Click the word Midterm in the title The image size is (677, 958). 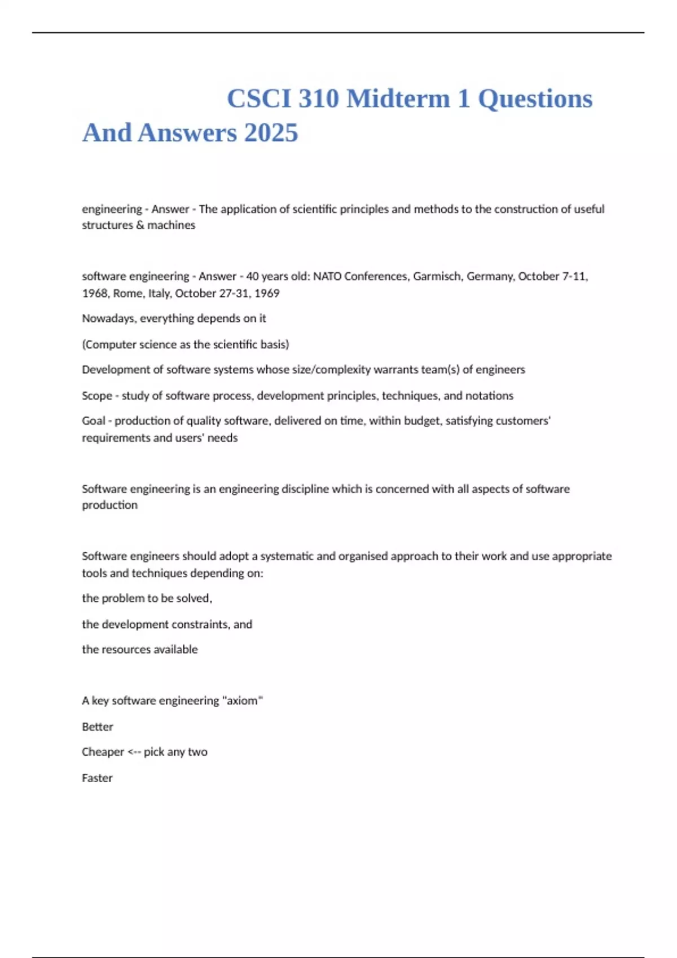click(x=398, y=99)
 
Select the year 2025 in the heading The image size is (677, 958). click(x=271, y=133)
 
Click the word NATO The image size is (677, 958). click(x=327, y=276)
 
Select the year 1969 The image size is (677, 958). click(x=267, y=293)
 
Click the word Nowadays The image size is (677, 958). click(x=108, y=318)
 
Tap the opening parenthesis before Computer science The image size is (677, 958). click(x=83, y=344)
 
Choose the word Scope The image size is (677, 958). click(x=96, y=396)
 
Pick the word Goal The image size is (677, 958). click(x=94, y=421)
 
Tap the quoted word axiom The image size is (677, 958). click(x=243, y=700)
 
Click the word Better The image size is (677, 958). click(x=98, y=727)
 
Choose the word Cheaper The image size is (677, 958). click(x=103, y=752)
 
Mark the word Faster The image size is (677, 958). click(x=97, y=778)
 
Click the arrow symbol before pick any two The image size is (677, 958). click(x=134, y=752)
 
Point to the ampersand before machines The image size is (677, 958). click(x=140, y=225)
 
